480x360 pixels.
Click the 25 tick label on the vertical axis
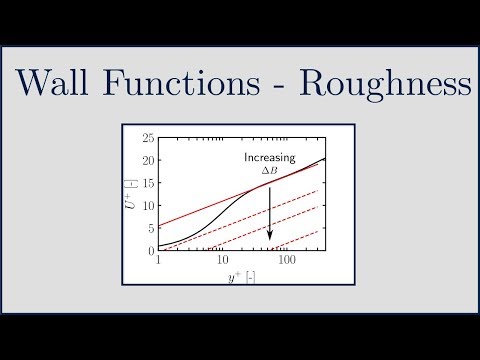[x=149, y=137]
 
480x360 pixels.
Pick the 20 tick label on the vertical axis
[x=149, y=160]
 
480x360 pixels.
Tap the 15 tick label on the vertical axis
[x=149, y=183]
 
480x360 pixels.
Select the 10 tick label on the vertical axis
[x=149, y=205]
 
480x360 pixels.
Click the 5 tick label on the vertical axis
[x=151, y=228]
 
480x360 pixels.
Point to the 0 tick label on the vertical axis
[x=151, y=250]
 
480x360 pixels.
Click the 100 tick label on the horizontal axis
[x=288, y=260]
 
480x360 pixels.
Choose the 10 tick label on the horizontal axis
[x=222, y=260]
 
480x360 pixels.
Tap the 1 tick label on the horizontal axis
[x=159, y=260]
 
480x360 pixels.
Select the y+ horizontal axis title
[x=243, y=276]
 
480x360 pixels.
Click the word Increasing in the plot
[x=270, y=158]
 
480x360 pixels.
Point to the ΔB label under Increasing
[x=270, y=171]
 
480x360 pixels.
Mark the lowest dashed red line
[x=300, y=239]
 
